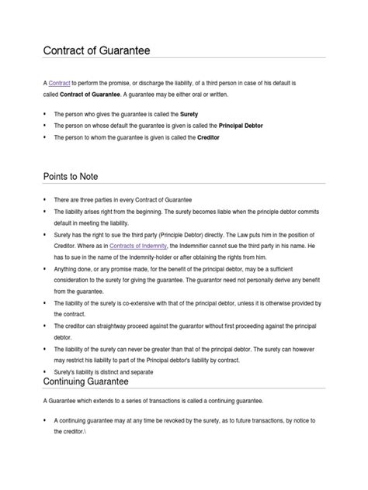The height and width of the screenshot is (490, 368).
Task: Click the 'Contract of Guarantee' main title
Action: (95, 52)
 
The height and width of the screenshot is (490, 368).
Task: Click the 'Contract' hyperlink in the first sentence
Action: (59, 81)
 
